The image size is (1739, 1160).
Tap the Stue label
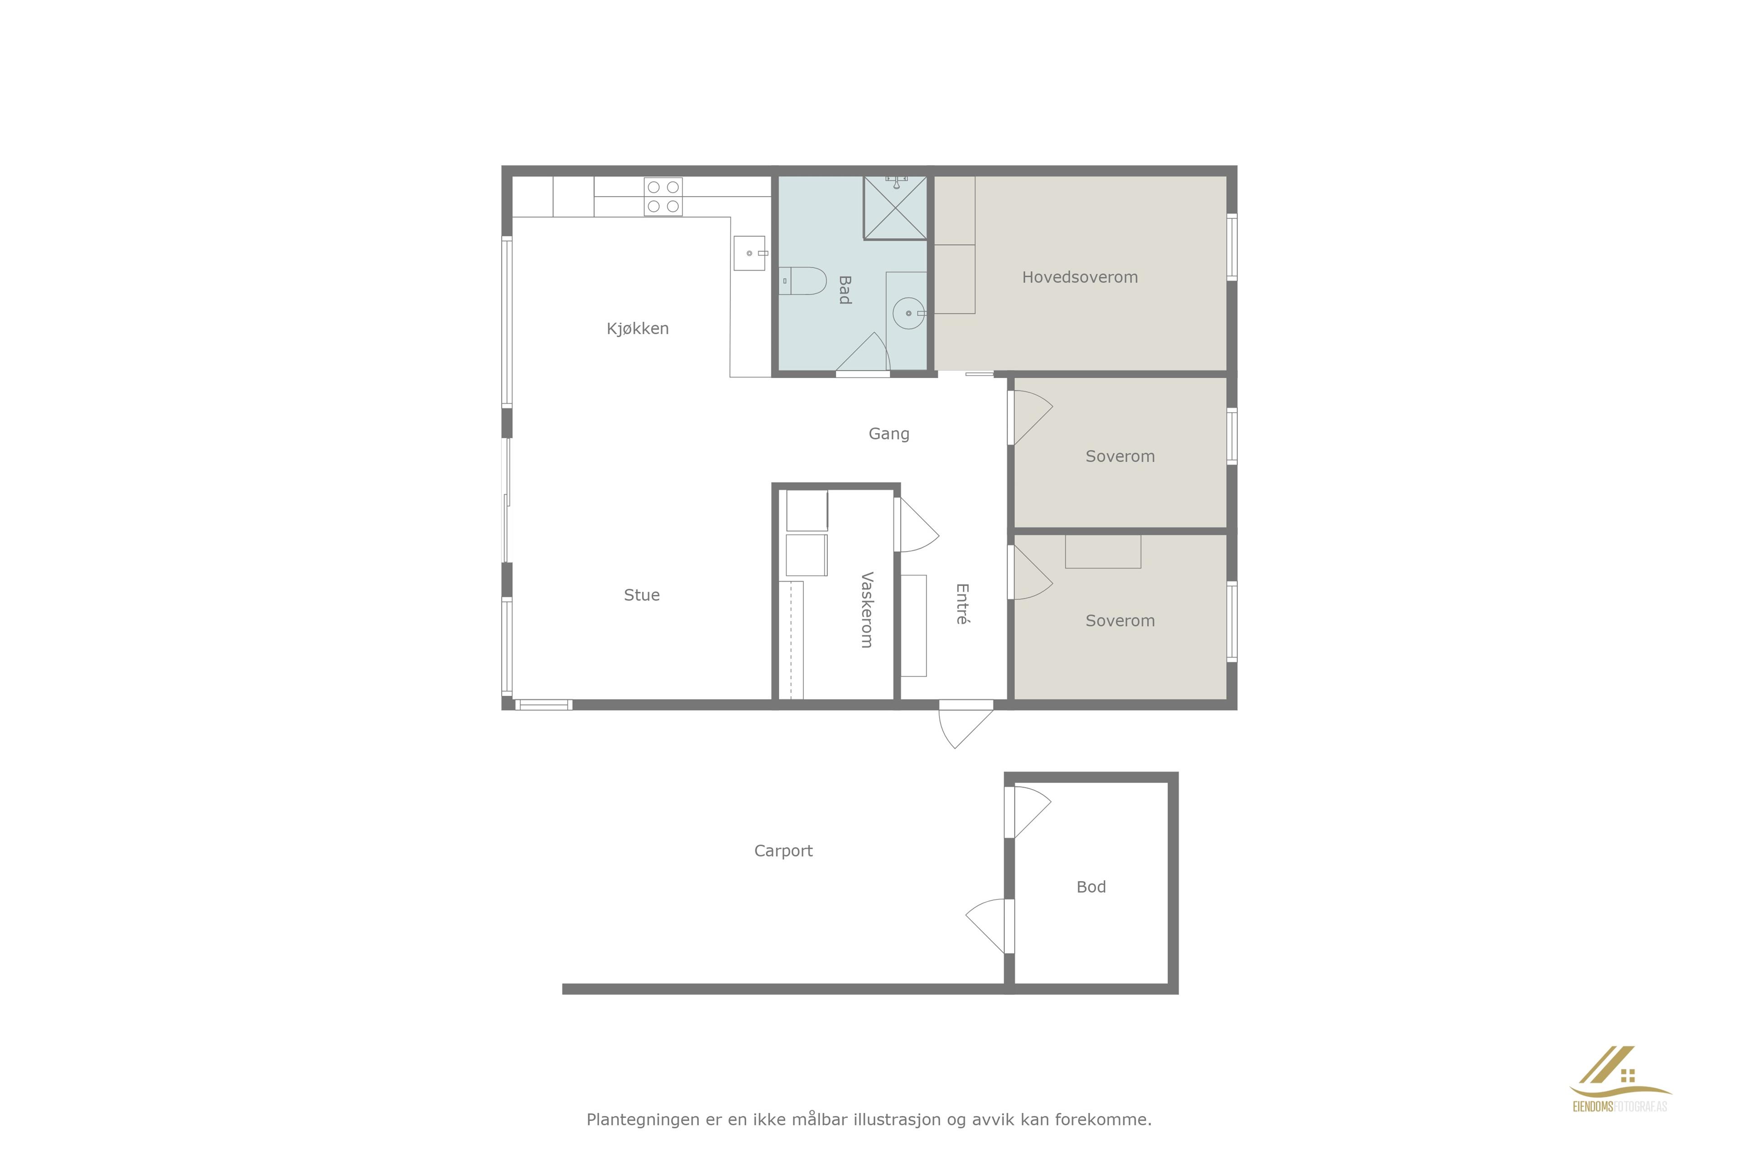pyautogui.click(x=642, y=595)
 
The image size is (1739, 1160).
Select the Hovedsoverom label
pyautogui.click(x=1080, y=277)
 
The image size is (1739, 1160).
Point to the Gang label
pyautogui.click(x=889, y=434)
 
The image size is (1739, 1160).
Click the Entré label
pyautogui.click(x=962, y=604)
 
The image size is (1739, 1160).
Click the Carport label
pyautogui.click(x=783, y=851)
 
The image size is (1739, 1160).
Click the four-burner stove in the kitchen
pyautogui.click(x=663, y=197)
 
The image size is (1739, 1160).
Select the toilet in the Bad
pyautogui.click(x=802, y=281)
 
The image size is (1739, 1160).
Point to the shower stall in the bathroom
pyautogui.click(x=895, y=208)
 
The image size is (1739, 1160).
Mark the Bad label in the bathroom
pyautogui.click(x=844, y=290)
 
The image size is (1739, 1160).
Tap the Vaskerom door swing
pyautogui.click(x=916, y=525)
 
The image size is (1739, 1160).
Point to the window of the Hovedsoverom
pyautogui.click(x=1232, y=247)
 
